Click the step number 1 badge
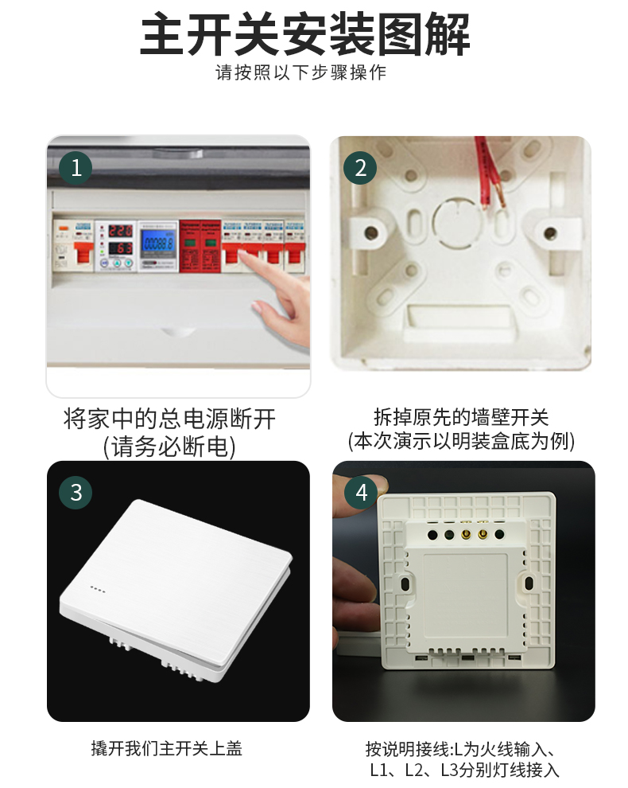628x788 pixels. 76,168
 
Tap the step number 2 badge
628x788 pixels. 361,168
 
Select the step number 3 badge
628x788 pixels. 76,492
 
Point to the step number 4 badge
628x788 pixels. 361,492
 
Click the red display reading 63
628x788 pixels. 120,248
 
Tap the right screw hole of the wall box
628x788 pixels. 549,233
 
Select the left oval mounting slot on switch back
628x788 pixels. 406,583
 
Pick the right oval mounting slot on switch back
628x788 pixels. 529,583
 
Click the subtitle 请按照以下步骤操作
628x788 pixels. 301,72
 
